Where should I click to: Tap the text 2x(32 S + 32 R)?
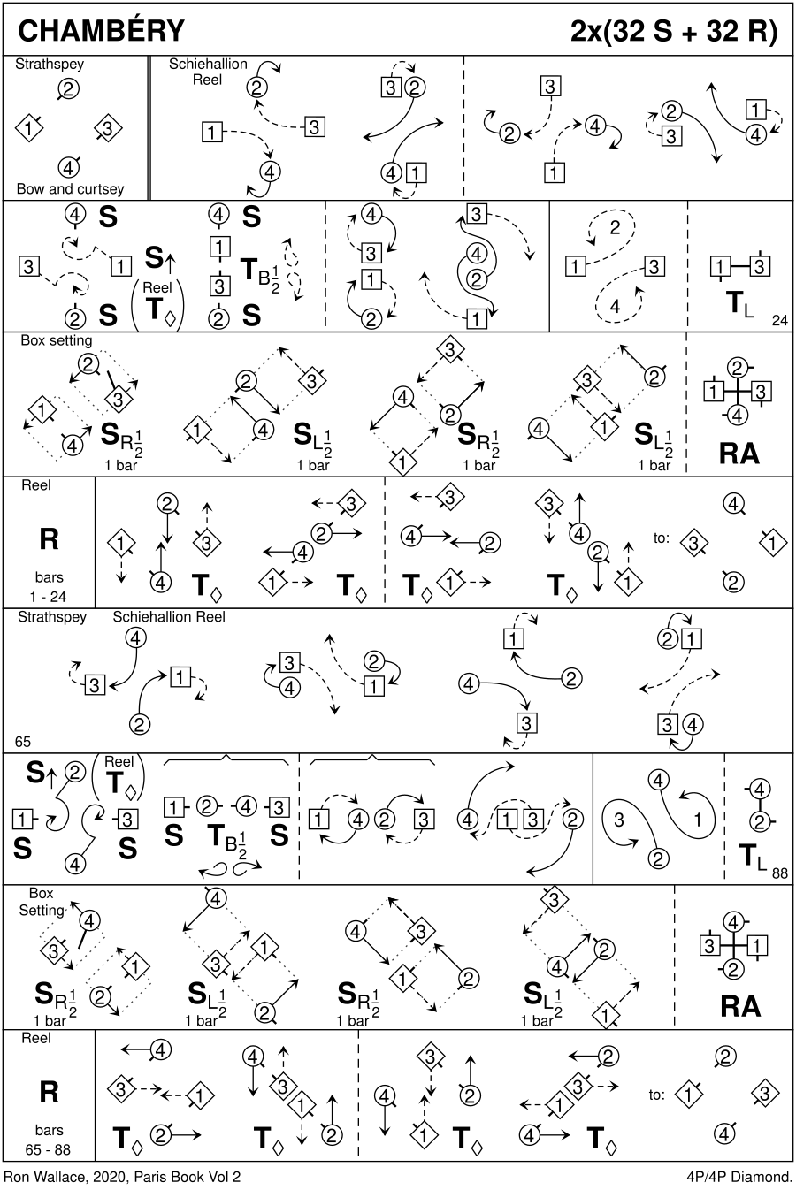[x=674, y=31]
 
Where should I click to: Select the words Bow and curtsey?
[x=70, y=189]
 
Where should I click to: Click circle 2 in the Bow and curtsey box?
[x=69, y=88]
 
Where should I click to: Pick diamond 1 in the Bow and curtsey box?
[x=29, y=128]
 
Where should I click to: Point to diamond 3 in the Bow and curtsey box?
[x=107, y=129]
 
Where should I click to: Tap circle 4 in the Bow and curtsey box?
[x=69, y=166]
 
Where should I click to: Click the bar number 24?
[x=779, y=320]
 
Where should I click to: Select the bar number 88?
[x=779, y=873]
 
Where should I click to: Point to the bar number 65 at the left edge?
[x=22, y=742]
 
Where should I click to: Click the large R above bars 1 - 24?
[x=49, y=538]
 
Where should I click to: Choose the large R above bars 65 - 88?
[x=49, y=1092]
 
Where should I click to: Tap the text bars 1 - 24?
[x=49, y=588]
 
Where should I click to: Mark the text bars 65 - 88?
[x=49, y=1140]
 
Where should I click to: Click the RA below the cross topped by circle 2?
[x=739, y=453]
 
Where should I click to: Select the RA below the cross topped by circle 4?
[x=739, y=1006]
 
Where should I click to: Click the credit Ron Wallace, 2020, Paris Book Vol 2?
[x=122, y=1177]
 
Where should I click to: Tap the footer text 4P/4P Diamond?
[x=738, y=1177]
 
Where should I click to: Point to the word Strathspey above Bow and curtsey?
[x=50, y=65]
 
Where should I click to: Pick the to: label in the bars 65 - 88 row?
[x=656, y=1095]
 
